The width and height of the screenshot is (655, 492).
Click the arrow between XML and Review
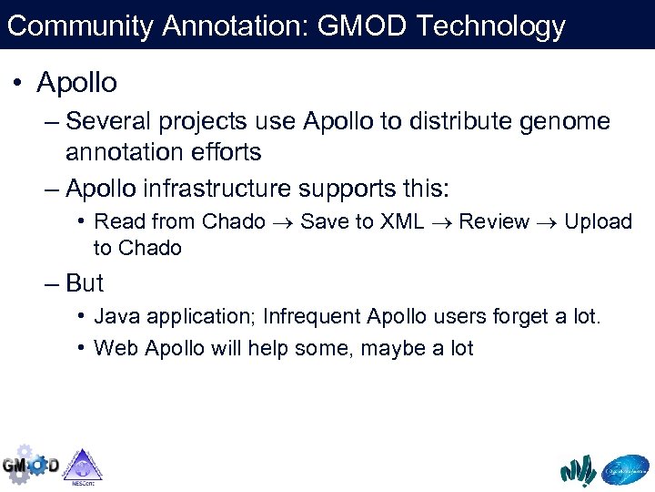coord(440,222)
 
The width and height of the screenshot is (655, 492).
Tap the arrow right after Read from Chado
coord(283,222)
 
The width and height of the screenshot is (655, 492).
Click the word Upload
coord(598,221)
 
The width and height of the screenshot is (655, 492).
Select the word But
coord(85,283)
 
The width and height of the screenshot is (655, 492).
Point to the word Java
coord(116,317)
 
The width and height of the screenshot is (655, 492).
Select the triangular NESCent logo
coord(83,466)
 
